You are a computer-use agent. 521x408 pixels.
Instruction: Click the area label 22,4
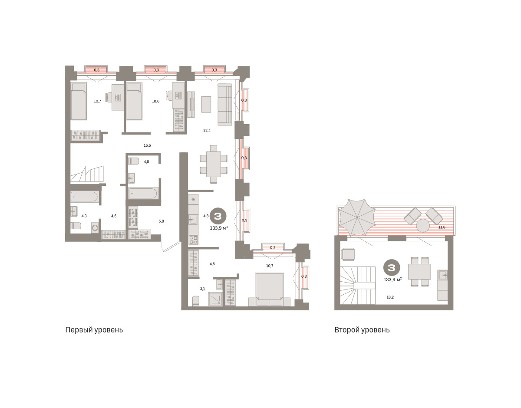pos(207,131)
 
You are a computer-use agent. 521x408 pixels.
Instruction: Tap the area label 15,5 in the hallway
pos(147,145)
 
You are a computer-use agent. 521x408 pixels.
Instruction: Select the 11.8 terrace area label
pos(442,227)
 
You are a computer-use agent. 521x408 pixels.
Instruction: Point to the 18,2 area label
pos(390,297)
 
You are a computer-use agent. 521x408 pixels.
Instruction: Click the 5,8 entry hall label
pos(162,221)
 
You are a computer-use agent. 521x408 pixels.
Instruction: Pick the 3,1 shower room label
pos(202,289)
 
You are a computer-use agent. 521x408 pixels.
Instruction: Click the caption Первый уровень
pos(94,330)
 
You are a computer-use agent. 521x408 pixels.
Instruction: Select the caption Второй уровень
pos(362,330)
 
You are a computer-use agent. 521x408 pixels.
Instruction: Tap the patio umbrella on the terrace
pos(357,217)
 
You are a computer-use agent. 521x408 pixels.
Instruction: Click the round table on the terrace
pos(423,225)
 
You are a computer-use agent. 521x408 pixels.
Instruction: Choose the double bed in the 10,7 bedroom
pos(270,290)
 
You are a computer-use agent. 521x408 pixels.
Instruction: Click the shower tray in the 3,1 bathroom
pos(215,299)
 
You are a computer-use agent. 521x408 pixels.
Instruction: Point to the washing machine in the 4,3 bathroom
pos(95,227)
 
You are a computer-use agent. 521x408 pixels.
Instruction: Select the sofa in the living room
pos(225,105)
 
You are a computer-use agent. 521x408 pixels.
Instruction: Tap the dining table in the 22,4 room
pos(213,164)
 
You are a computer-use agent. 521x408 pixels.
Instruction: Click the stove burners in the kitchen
pos(193,240)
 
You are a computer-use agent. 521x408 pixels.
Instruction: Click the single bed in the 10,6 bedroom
pos(134,101)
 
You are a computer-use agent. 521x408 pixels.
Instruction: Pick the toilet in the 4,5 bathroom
pos(134,161)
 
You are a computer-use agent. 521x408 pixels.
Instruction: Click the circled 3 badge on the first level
pos(218,216)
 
